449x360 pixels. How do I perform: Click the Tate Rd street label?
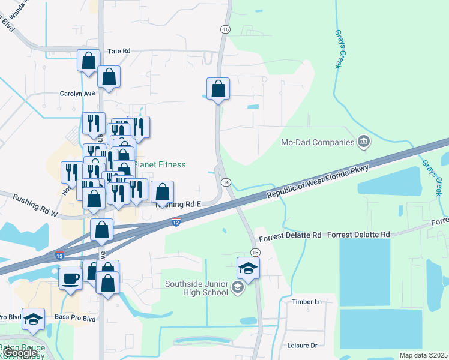coord(118,52)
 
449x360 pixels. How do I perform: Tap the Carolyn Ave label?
coord(77,94)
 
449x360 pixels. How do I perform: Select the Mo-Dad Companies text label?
coord(318,142)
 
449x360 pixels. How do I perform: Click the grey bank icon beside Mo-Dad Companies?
coord(363,142)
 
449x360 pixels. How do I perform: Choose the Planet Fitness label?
coord(159,164)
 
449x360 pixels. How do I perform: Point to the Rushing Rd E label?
coord(178,205)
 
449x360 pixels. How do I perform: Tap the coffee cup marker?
coord(71,278)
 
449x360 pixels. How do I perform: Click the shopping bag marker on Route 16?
coord(218,89)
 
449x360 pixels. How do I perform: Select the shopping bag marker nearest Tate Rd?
coord(88,61)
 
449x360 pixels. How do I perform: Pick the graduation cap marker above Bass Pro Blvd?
coord(34,319)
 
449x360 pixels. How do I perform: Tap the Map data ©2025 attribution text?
coord(423,355)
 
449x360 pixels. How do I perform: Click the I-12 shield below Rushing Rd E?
coord(175,223)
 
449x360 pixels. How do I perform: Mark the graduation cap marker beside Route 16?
coord(247,268)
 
